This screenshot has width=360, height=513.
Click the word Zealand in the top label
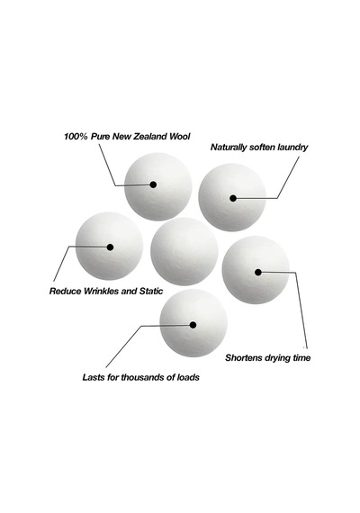[x=150, y=137]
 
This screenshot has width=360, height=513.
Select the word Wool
[x=179, y=137]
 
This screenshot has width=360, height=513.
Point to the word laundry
[x=292, y=148]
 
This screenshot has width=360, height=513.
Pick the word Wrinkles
[x=101, y=291]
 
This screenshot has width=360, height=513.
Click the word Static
[x=151, y=291]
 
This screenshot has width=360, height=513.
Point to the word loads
[x=188, y=377]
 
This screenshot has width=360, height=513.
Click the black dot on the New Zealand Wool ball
[x=153, y=184]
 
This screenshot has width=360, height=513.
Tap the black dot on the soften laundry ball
[x=233, y=198]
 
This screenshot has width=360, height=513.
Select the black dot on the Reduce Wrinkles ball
[x=111, y=247]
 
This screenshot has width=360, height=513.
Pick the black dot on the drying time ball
[x=258, y=272]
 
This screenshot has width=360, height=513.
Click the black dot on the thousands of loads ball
[x=193, y=325]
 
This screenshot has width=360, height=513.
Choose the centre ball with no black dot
[x=184, y=251]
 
